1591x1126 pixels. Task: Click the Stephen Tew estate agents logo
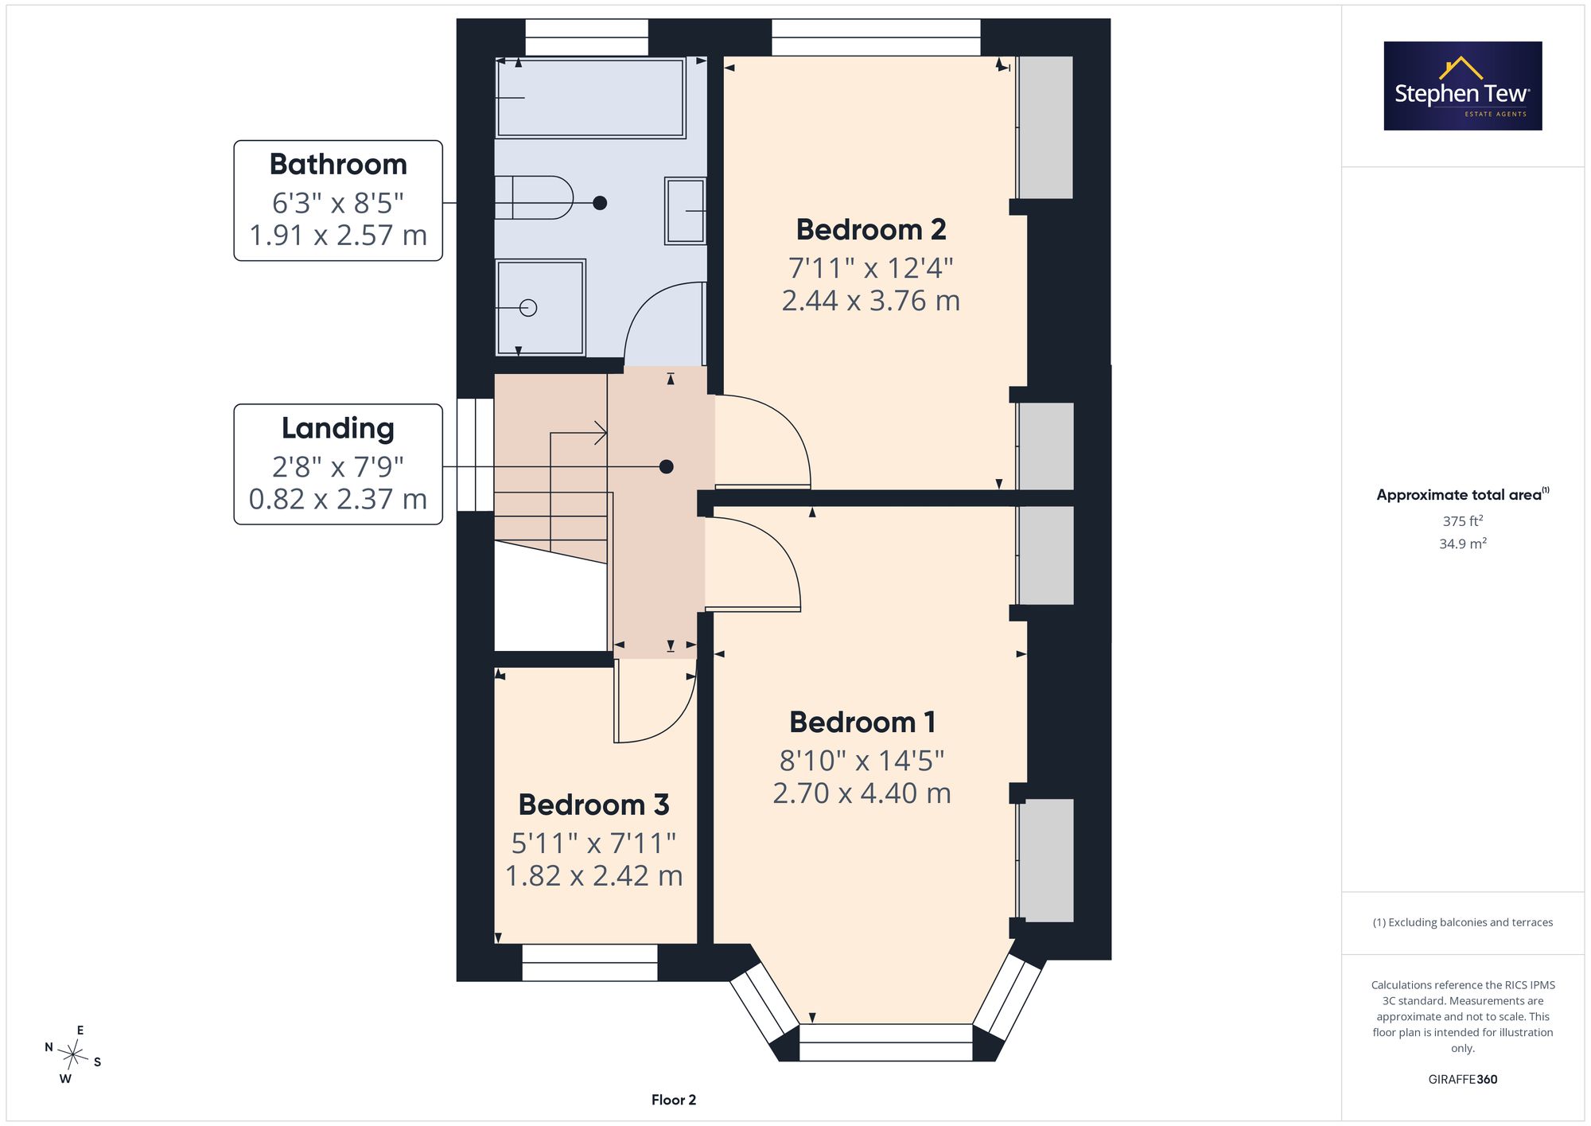[1463, 86]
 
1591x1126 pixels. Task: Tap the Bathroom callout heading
[338, 165]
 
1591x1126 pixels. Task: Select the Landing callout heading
[338, 429]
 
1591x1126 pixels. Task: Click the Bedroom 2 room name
[871, 230]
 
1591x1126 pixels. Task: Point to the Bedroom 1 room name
[862, 723]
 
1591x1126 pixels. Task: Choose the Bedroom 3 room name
[593, 805]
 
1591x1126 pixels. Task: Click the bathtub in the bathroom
[590, 98]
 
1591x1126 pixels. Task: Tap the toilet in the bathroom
[534, 197]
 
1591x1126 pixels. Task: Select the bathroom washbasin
[686, 211]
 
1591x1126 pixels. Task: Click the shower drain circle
[528, 308]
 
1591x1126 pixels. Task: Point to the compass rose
[73, 1055]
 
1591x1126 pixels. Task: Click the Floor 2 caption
[674, 1100]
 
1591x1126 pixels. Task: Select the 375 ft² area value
[1463, 521]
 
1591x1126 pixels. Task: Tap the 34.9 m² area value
[1463, 544]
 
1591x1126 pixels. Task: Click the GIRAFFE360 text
[1463, 1080]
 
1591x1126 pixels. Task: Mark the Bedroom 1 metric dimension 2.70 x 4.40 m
[862, 793]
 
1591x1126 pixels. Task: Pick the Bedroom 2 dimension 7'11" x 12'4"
[871, 268]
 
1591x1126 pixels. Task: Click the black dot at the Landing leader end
[667, 467]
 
